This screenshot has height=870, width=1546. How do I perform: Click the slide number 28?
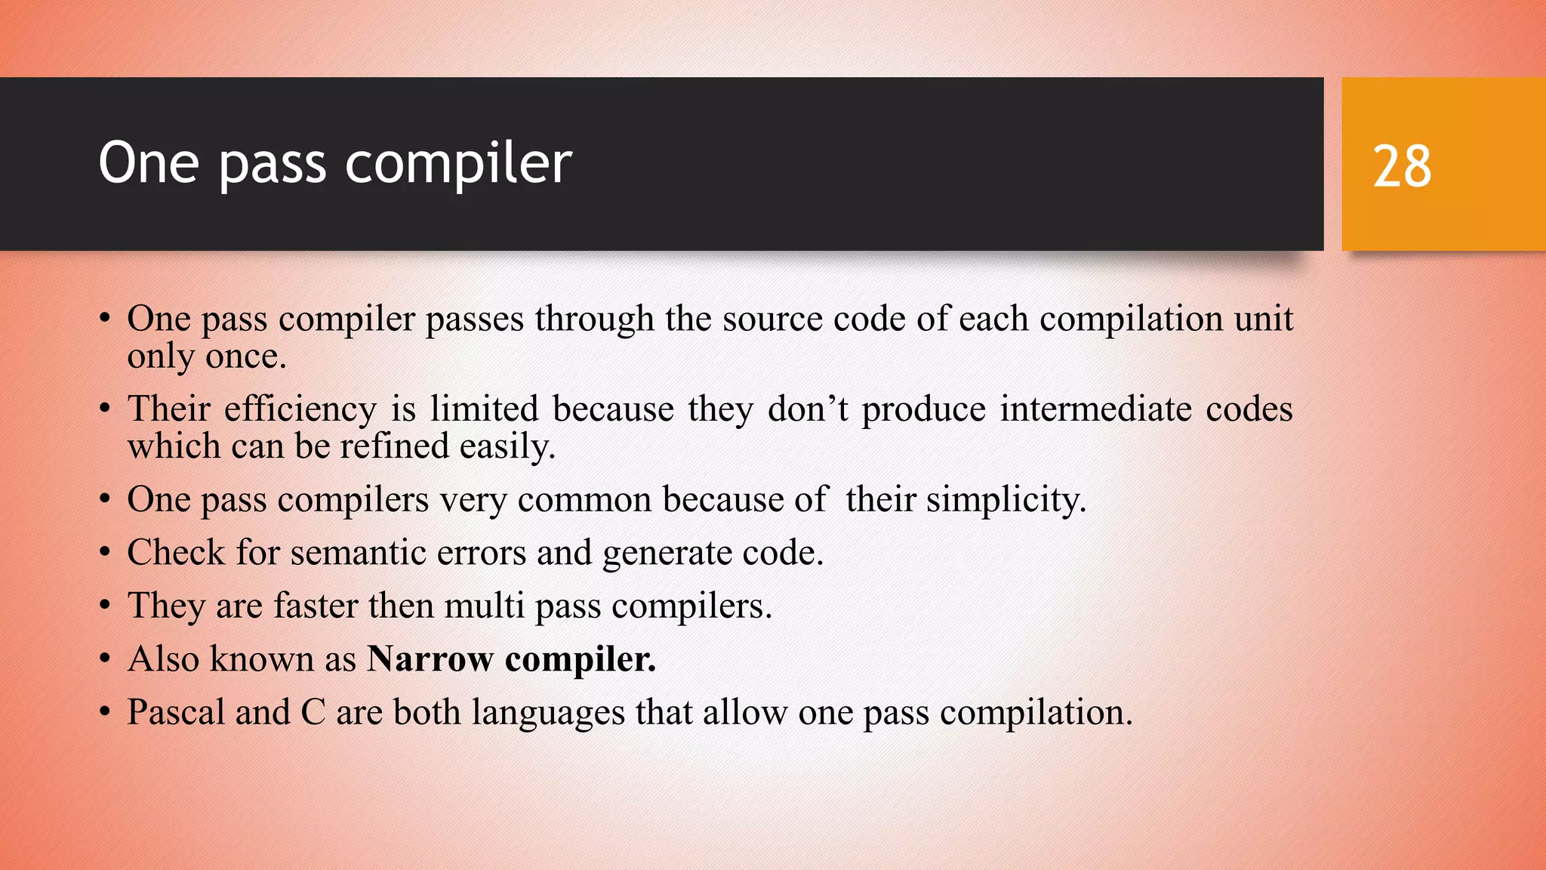pos(1402,166)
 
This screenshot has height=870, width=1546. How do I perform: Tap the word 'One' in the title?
pos(149,163)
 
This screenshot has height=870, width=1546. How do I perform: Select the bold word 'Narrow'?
pos(430,659)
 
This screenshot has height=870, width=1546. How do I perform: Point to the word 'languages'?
pos(548,712)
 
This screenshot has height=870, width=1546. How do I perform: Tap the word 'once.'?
pos(245,356)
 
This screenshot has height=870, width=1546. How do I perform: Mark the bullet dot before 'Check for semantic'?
pos(105,553)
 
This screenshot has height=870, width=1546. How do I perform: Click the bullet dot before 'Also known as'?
pos(105,659)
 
